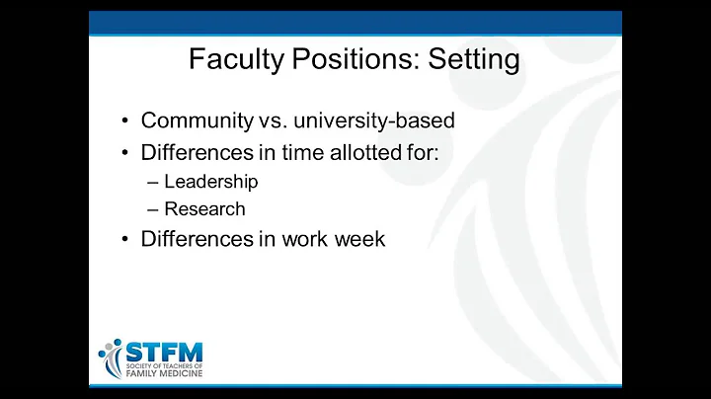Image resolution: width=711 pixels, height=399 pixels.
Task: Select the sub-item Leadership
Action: click(211, 182)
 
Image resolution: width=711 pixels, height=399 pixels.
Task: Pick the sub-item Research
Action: click(204, 208)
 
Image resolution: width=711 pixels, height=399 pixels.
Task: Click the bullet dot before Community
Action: click(125, 121)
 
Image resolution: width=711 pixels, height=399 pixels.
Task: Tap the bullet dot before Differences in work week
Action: click(125, 239)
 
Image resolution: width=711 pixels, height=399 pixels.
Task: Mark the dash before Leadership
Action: click(150, 182)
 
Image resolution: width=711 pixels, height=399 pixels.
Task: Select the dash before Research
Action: click(150, 208)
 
